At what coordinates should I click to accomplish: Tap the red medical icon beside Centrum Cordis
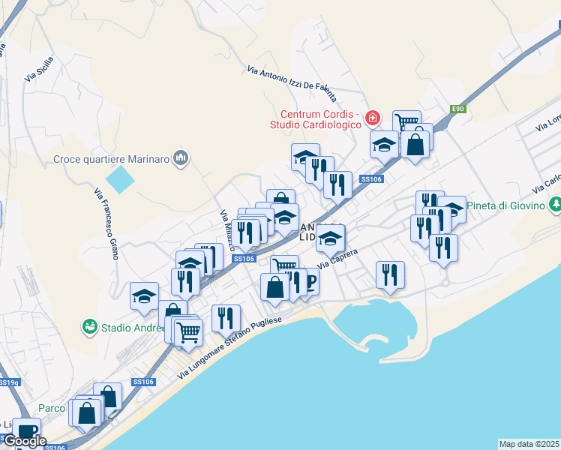pyautogui.click(x=373, y=118)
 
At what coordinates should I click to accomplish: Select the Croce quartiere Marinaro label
pyautogui.click(x=112, y=158)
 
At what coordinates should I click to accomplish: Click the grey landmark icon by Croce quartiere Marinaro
pyautogui.click(x=180, y=158)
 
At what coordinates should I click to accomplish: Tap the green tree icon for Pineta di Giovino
pyautogui.click(x=555, y=203)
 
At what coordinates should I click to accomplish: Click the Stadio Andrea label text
pyautogui.click(x=127, y=327)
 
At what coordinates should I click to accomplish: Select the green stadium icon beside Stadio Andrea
pyautogui.click(x=90, y=327)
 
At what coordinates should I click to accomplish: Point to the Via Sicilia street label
pyautogui.click(x=39, y=68)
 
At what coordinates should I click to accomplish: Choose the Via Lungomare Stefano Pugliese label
pyautogui.click(x=229, y=346)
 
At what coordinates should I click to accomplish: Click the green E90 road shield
pyautogui.click(x=458, y=109)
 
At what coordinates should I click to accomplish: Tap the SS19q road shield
pyautogui.click(x=8, y=382)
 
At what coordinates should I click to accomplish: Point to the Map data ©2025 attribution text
pyautogui.click(x=529, y=444)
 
